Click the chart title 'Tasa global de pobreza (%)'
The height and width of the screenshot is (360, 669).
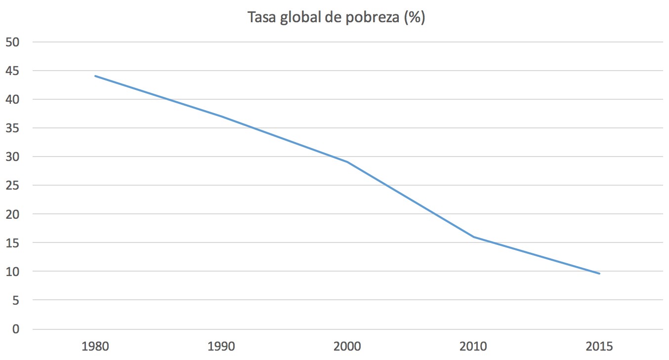[x=336, y=18]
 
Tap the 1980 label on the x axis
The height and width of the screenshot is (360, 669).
[x=95, y=346]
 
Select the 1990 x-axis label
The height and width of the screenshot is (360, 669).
[x=221, y=346]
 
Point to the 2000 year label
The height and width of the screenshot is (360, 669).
[x=347, y=346]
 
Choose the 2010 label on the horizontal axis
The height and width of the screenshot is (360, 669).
[x=473, y=346]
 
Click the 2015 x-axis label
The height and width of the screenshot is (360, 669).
[x=599, y=346]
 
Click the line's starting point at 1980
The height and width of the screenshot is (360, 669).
[x=95, y=76]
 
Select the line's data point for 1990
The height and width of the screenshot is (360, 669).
[x=221, y=117]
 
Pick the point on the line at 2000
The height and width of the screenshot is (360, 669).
[x=347, y=162]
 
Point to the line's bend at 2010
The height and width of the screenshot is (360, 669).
[x=473, y=237]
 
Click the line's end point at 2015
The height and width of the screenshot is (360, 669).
[x=599, y=274]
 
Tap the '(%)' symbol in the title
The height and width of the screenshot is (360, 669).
[x=414, y=18]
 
